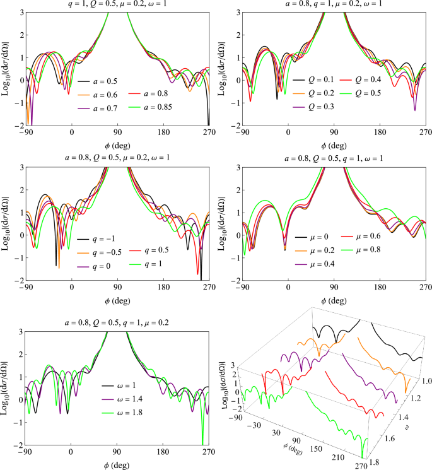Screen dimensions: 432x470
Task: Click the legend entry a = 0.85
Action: coord(150,107)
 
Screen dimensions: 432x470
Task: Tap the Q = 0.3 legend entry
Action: coord(313,107)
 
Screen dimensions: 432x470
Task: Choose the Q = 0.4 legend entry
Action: coord(360,79)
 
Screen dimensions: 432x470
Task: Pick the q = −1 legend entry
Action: coord(96,239)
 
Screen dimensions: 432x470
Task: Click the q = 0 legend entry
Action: coord(94,266)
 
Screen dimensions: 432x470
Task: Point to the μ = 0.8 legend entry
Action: coord(361,250)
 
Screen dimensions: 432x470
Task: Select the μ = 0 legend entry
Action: coord(312,237)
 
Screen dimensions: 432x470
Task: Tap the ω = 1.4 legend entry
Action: coord(122,399)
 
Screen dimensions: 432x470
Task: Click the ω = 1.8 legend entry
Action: coord(122,413)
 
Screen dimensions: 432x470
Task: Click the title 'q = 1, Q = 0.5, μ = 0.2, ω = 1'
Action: coord(117,4)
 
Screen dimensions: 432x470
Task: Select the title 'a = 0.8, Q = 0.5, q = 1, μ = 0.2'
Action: coord(117,323)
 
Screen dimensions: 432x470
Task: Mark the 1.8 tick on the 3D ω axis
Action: coord(375,462)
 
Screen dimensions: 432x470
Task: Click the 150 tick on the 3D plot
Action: coord(316,449)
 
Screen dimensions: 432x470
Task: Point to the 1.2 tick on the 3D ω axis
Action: coord(416,398)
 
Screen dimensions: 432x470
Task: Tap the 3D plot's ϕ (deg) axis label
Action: coord(293,450)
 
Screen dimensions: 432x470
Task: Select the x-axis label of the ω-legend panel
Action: coord(117,466)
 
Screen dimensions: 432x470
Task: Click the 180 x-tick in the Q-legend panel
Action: coord(380,132)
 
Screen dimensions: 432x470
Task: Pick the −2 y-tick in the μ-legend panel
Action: coord(236,281)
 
